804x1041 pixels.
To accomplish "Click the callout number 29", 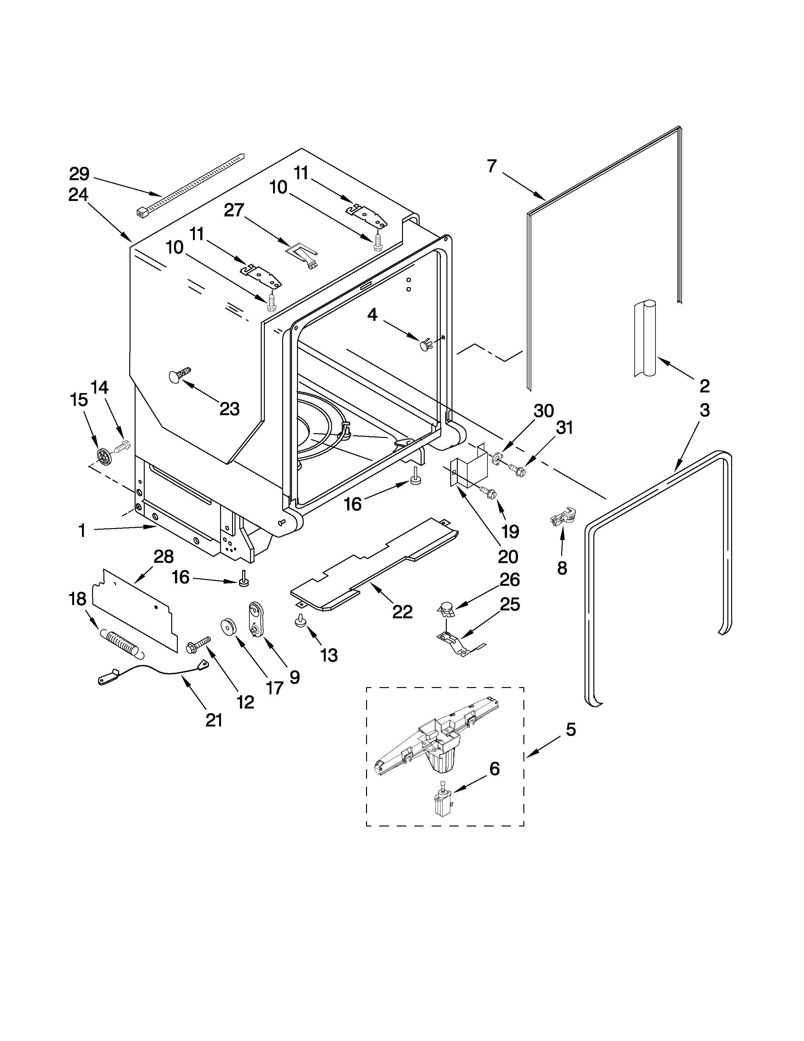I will pos(79,174).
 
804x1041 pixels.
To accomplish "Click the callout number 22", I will pos(402,612).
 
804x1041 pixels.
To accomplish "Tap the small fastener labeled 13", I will pos(300,621).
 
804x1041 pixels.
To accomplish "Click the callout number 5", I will pos(570,729).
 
